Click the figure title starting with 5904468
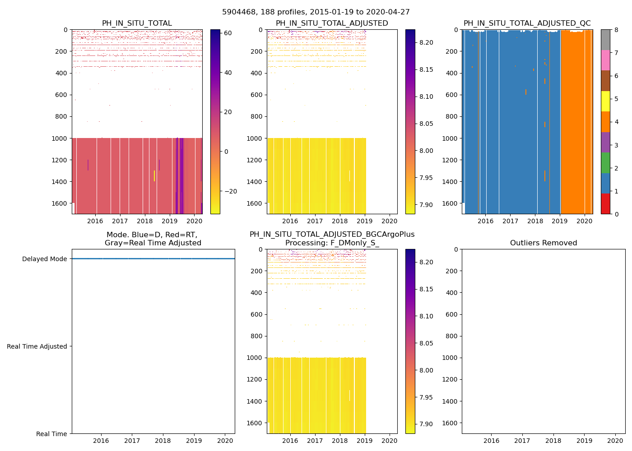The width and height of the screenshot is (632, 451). pyautogui.click(x=316, y=12)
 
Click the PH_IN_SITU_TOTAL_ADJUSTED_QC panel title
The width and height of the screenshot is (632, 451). pyautogui.click(x=527, y=23)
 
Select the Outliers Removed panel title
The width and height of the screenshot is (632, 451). pyautogui.click(x=544, y=243)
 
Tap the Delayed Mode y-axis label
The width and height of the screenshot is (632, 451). pyautogui.click(x=44, y=259)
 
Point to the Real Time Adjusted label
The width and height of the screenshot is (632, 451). pyautogui.click(x=37, y=346)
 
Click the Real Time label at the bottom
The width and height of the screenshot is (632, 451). pyautogui.click(x=51, y=434)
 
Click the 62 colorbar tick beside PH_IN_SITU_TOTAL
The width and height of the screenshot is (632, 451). pyautogui.click(x=228, y=33)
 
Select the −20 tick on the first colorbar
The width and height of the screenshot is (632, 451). pyautogui.click(x=230, y=191)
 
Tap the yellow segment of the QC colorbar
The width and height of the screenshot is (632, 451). pyautogui.click(x=605, y=101)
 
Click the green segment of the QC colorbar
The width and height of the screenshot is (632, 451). pyautogui.click(x=605, y=163)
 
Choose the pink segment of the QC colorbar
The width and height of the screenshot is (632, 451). pyautogui.click(x=605, y=60)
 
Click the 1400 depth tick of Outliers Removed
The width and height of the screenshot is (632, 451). pyautogui.click(x=451, y=401)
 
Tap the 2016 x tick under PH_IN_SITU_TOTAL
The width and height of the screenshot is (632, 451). pyautogui.click(x=95, y=221)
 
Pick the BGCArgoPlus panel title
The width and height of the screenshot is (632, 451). pyautogui.click(x=332, y=239)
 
